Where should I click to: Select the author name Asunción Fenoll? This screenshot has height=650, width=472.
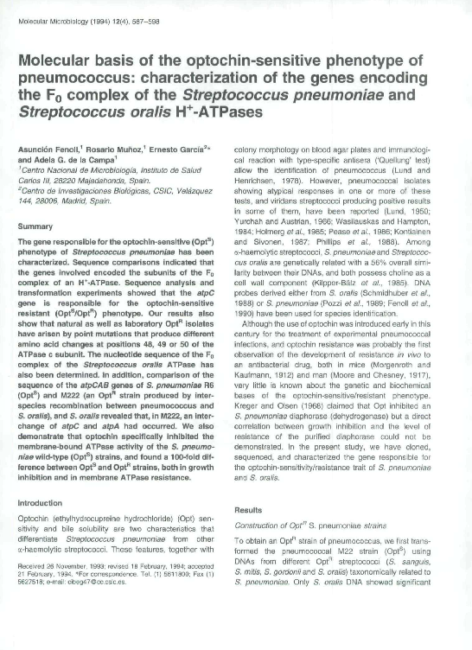click(48, 150)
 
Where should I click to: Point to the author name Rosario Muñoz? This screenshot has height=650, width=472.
click(111, 150)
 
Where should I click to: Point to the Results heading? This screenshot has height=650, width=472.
click(250, 510)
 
